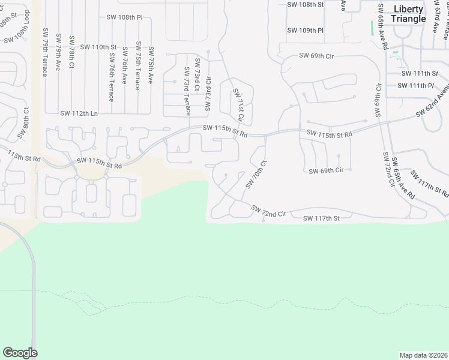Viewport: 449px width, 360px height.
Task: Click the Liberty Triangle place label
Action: pyautogui.click(x=408, y=14)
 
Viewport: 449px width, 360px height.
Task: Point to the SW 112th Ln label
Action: pyautogui.click(x=78, y=113)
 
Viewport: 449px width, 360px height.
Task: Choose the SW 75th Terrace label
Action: pyautogui.click(x=138, y=66)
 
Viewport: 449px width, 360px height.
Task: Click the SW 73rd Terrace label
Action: pyautogui.click(x=187, y=91)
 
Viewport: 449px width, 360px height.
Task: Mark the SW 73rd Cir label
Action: pyautogui.click(x=209, y=95)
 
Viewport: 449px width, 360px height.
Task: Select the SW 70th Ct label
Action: pyautogui.click(x=255, y=174)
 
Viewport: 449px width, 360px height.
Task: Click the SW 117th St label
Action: pyautogui.click(x=321, y=218)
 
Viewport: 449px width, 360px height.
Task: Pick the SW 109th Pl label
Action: pyautogui.click(x=305, y=31)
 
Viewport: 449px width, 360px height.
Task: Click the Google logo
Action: pyautogui.click(x=20, y=353)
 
